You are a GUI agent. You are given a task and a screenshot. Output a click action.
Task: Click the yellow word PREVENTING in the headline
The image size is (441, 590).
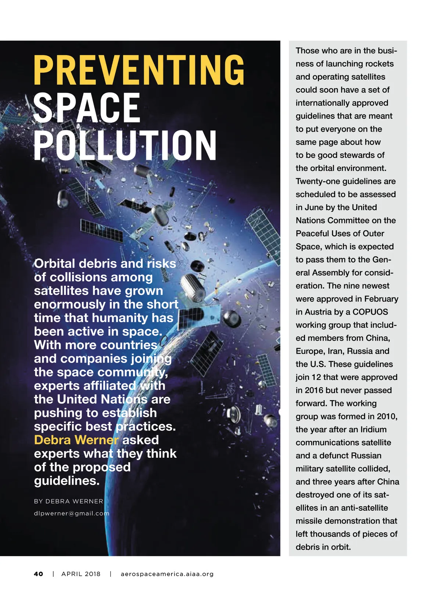(x=139, y=70)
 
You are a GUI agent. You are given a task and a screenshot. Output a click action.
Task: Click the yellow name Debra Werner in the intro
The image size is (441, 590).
(x=76, y=440)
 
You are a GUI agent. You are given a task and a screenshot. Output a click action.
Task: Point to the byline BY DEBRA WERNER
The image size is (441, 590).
(x=68, y=501)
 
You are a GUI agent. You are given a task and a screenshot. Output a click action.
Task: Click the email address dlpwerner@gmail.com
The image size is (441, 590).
(x=72, y=513)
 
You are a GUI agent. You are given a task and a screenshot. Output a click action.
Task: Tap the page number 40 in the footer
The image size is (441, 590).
(x=38, y=574)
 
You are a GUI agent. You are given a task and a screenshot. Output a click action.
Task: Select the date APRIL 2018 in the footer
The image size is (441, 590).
(x=81, y=574)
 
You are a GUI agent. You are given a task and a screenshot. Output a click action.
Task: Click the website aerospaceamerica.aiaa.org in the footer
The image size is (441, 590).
(x=167, y=574)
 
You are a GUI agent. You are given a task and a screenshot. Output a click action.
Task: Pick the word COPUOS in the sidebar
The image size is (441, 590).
(x=370, y=312)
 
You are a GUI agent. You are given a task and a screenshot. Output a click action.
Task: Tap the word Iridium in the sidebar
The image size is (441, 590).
(x=373, y=429)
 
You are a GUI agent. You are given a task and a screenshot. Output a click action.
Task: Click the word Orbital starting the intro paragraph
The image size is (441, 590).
(x=55, y=263)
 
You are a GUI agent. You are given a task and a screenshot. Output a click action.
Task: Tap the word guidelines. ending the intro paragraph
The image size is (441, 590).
(x=67, y=481)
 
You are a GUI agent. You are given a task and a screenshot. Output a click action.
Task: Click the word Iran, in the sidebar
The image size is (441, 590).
(x=338, y=351)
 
